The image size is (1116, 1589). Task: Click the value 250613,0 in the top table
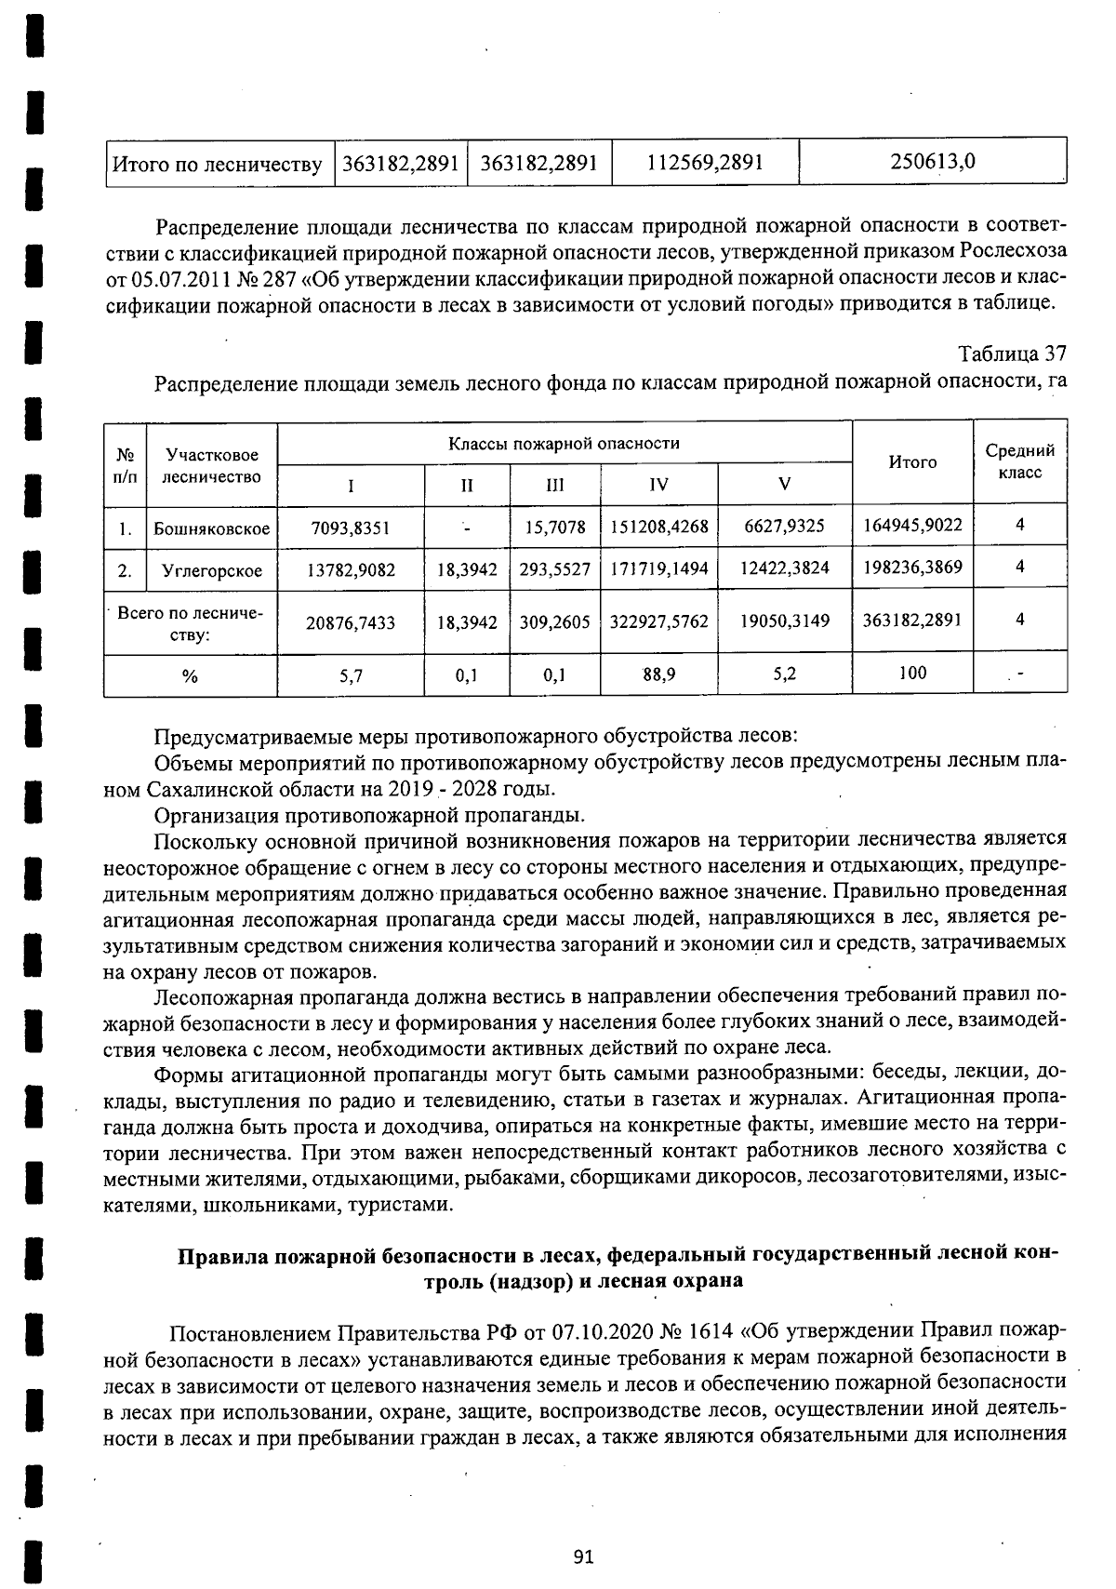pyautogui.click(x=933, y=162)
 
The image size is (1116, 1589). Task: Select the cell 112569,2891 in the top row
pyautogui.click(x=705, y=163)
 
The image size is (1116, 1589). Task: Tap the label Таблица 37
pyautogui.click(x=1012, y=354)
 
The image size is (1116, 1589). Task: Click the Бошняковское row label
pyautogui.click(x=212, y=528)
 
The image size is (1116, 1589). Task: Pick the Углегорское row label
pyautogui.click(x=212, y=570)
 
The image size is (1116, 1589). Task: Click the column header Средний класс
pyautogui.click(x=1019, y=461)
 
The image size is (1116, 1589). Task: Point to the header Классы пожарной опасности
pyautogui.click(x=564, y=444)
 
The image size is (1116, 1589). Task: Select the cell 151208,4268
pyautogui.click(x=658, y=527)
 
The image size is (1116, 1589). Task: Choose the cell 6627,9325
pyautogui.click(x=784, y=526)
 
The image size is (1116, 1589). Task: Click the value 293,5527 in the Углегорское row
pyautogui.click(x=554, y=569)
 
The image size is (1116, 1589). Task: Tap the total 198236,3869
pyautogui.click(x=912, y=567)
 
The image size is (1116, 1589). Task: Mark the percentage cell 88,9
pyautogui.click(x=658, y=674)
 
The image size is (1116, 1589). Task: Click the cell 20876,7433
pyautogui.click(x=351, y=622)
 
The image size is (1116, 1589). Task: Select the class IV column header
pyautogui.click(x=658, y=485)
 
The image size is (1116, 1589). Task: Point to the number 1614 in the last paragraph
pyautogui.click(x=709, y=1330)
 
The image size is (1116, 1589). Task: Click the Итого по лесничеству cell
pyautogui.click(x=218, y=165)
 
